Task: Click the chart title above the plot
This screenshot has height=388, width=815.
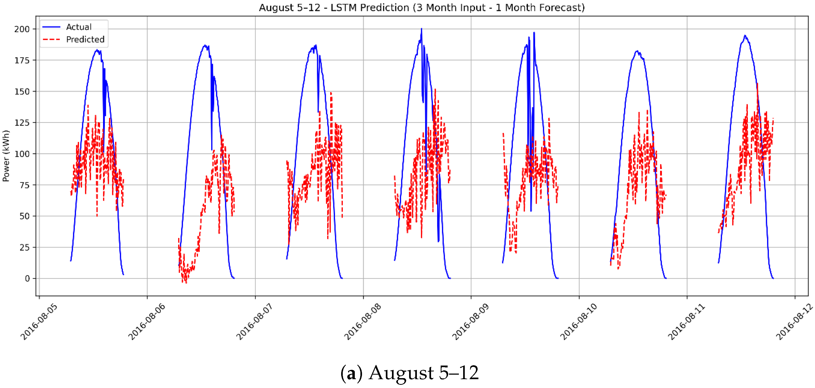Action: [421, 7]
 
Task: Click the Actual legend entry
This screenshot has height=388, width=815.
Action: [78, 27]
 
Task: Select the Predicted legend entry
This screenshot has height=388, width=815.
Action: [85, 40]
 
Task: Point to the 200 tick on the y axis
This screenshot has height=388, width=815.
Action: [22, 29]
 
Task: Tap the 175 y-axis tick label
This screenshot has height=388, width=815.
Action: [22, 60]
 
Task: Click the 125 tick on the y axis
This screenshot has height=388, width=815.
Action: [22, 123]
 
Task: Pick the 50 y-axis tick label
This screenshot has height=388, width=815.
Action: [24, 216]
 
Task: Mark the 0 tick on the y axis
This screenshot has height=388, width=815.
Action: [27, 278]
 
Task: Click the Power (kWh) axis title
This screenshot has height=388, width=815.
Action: [6, 156]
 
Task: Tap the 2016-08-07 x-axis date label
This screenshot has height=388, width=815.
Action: [255, 321]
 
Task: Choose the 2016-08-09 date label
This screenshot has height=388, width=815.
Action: [470, 321]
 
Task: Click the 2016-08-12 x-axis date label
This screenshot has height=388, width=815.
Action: [794, 321]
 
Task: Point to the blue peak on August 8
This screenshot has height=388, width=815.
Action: [421, 29]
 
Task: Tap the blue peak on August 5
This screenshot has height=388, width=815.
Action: [97, 50]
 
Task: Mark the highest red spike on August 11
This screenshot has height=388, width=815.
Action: [757, 84]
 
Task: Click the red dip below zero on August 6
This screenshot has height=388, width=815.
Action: [186, 282]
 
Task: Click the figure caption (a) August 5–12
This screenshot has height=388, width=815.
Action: [409, 373]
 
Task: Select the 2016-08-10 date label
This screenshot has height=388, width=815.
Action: [579, 321]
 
